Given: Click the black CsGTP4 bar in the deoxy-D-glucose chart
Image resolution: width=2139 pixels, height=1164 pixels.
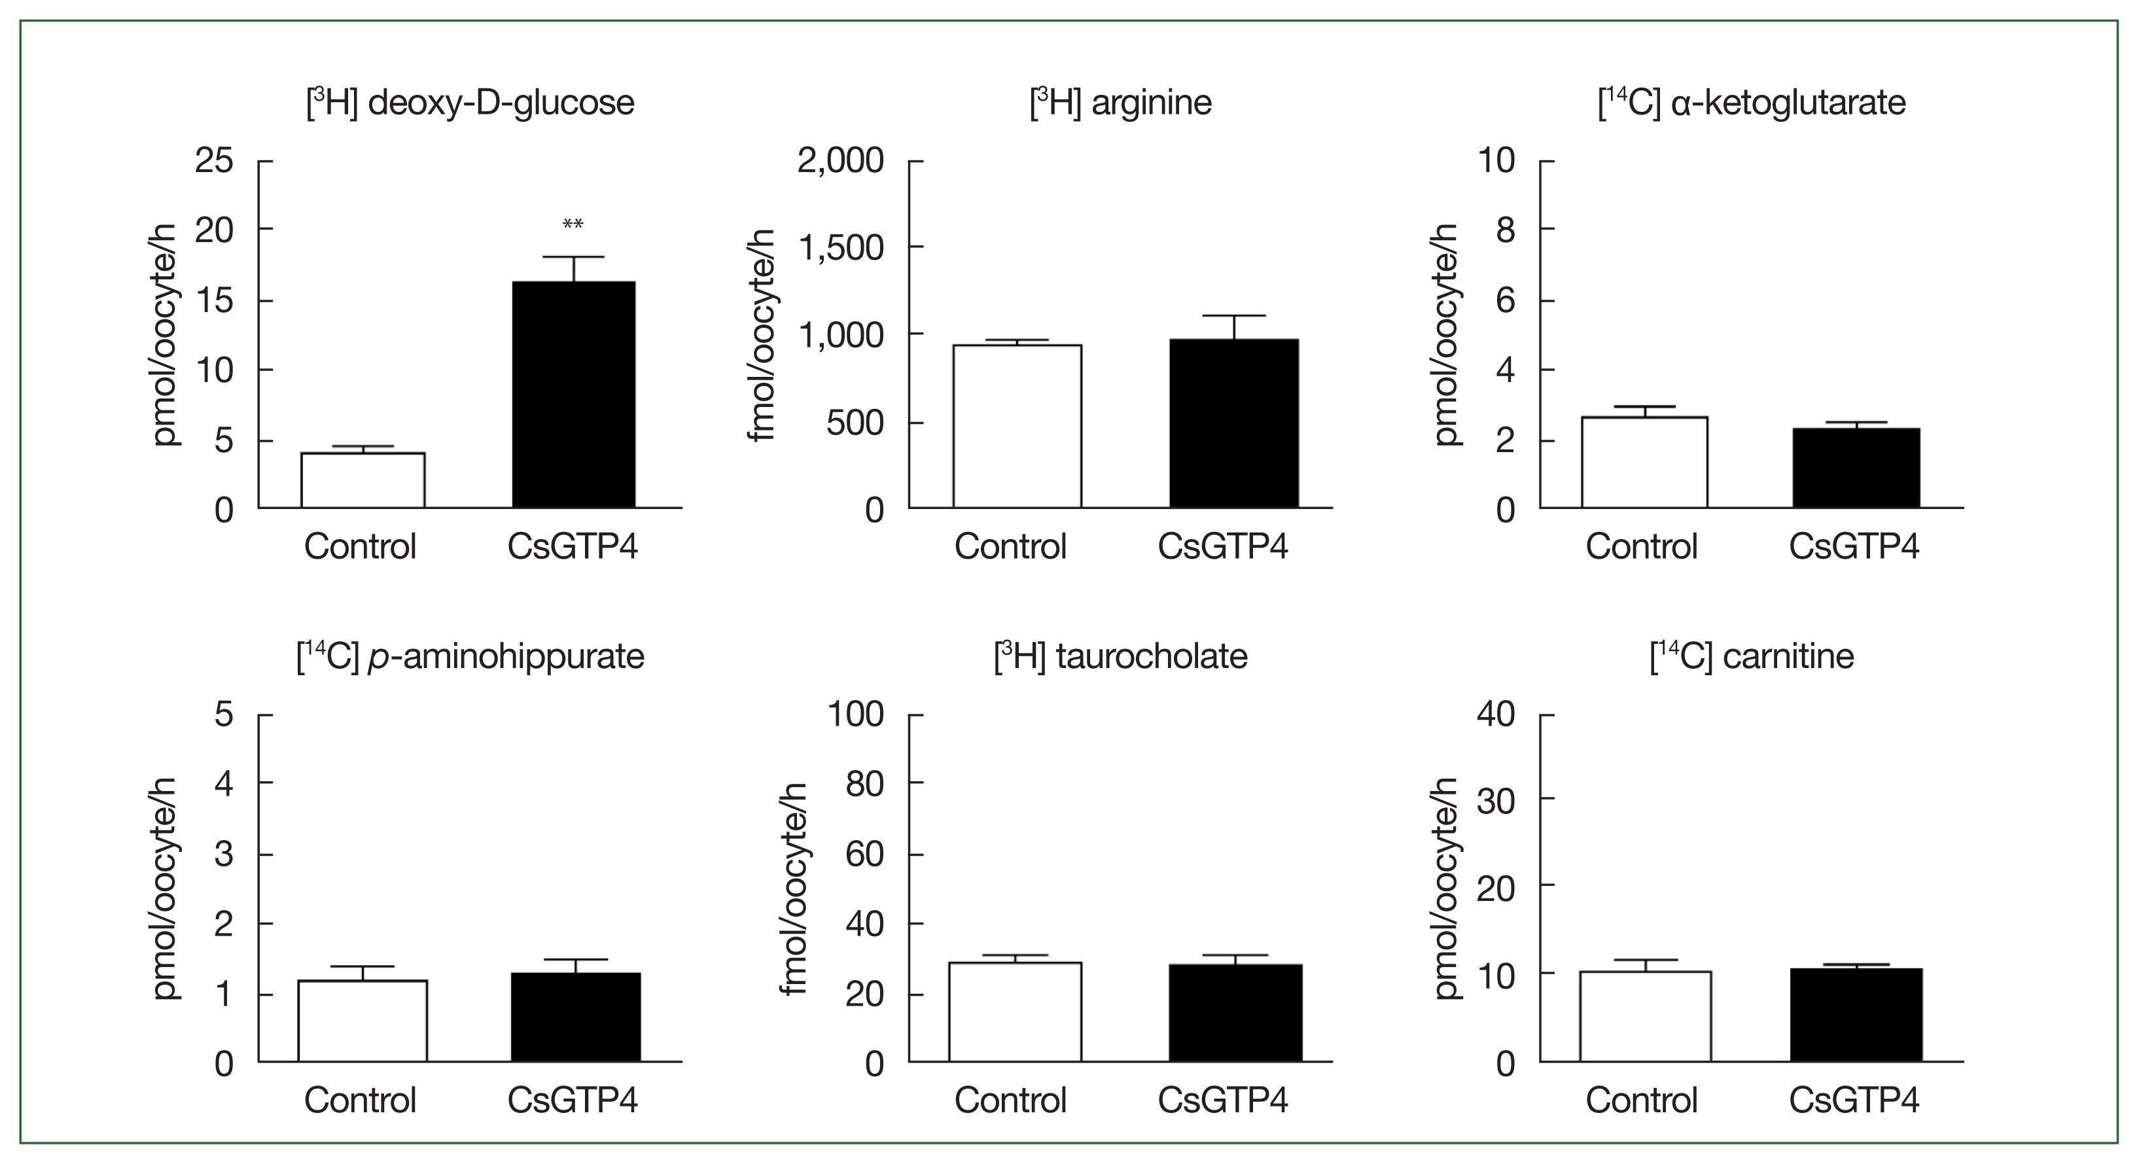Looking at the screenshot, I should pyautogui.click(x=573, y=395).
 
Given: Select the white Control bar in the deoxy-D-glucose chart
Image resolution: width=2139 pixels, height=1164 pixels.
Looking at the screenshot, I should pyautogui.click(x=363, y=480).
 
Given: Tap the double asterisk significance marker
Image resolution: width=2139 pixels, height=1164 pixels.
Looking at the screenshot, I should pyautogui.click(x=573, y=225).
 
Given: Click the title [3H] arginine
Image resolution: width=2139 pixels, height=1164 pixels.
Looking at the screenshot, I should pyautogui.click(x=1120, y=103).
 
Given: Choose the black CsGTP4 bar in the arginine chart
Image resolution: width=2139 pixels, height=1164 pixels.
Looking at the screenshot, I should pyautogui.click(x=1234, y=423).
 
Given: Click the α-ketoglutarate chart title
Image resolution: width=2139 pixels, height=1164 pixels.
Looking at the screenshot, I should pyautogui.click(x=1752, y=103).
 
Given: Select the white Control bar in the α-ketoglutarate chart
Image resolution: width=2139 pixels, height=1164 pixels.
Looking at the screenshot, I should pyautogui.click(x=1644, y=462).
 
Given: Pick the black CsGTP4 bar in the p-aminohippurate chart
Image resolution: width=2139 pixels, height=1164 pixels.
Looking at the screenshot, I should pyautogui.click(x=575, y=1017).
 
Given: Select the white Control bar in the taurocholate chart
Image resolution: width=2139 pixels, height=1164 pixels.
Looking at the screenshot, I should pyautogui.click(x=1015, y=1012).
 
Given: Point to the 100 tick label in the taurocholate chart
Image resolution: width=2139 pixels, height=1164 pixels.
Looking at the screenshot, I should pyautogui.click(x=855, y=714).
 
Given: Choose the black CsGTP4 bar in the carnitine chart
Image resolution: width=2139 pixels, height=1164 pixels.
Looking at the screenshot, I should pyautogui.click(x=1856, y=1015).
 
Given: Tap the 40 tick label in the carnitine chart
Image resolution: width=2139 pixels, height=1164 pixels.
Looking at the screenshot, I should pyautogui.click(x=1496, y=714).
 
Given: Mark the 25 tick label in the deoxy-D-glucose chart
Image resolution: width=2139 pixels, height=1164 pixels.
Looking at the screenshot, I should pyautogui.click(x=214, y=160).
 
